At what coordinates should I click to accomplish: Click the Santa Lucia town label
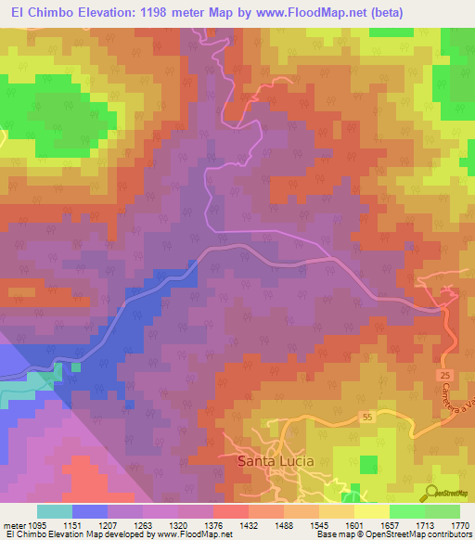coord(276,460)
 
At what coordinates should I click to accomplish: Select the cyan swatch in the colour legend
coord(54,511)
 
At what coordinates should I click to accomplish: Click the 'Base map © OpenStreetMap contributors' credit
coord(393,534)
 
